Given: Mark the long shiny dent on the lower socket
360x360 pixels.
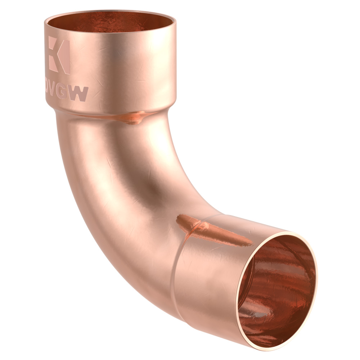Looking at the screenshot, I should tap(212, 230).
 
